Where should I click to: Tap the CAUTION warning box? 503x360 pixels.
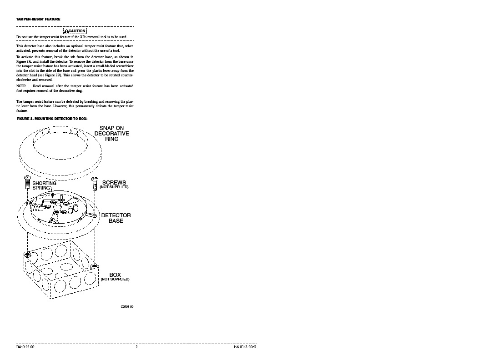coord(75,30)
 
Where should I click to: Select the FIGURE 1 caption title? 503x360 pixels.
coord(51,118)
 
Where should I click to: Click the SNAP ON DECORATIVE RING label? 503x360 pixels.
coord(112,134)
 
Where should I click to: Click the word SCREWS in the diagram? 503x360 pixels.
coord(114,182)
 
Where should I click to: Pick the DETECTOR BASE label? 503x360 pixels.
coord(116,218)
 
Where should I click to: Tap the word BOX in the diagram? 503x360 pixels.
coord(115,275)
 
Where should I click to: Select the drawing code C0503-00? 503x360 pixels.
coord(127,307)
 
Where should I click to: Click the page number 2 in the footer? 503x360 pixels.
coord(136,347)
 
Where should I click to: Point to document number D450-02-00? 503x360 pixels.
coord(25,347)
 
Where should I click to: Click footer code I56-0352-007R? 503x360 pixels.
coord(242,347)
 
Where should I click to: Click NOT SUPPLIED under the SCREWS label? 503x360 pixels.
coord(114,187)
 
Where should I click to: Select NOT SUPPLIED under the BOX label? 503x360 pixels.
coord(115,279)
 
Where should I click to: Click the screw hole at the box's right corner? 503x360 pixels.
coord(95,265)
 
